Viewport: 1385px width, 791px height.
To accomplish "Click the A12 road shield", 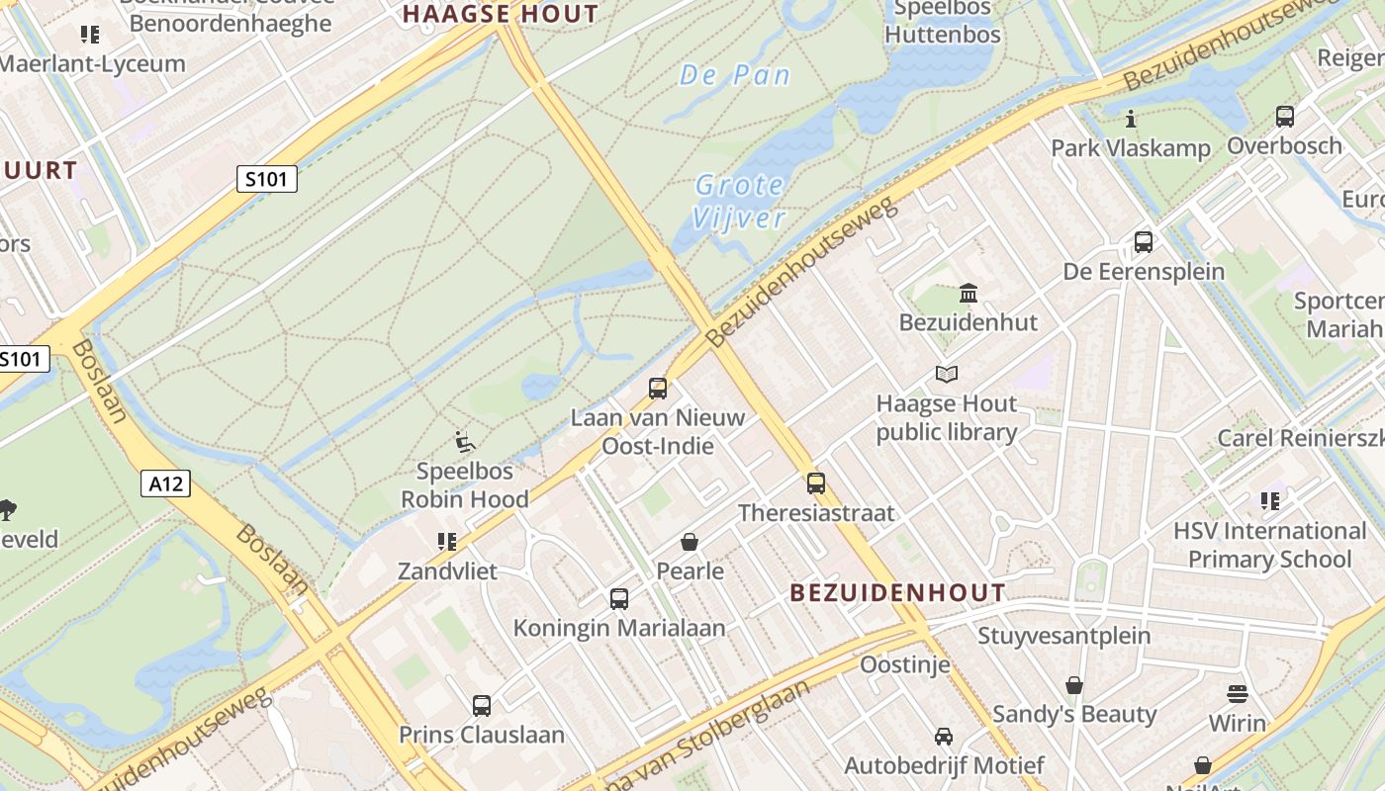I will (x=165, y=483).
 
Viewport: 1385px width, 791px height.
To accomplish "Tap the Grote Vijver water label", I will (x=739, y=201).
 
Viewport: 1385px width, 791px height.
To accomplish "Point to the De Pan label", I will (x=735, y=75).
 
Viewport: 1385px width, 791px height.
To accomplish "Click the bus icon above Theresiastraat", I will (x=816, y=483).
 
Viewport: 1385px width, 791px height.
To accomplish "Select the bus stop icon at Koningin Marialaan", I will (x=619, y=598).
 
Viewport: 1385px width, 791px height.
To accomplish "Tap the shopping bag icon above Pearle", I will (x=690, y=542).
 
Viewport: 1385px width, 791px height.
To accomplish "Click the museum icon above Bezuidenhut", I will (x=969, y=294).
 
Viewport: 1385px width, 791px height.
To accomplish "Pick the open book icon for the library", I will (x=947, y=375).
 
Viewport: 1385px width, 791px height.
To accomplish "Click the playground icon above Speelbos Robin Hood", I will (x=465, y=441).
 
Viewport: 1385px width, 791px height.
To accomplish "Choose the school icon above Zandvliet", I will (x=447, y=542).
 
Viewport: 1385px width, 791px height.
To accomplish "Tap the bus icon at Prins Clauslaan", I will (x=482, y=706).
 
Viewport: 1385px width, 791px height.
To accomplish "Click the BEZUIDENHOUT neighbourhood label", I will (x=897, y=593).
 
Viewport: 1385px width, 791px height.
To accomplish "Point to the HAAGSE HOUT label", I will (x=501, y=14).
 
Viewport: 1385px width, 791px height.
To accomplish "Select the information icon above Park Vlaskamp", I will (x=1131, y=120).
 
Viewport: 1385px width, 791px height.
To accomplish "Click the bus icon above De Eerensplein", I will (x=1144, y=241).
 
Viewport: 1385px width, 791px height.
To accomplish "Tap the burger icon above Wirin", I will (x=1238, y=693).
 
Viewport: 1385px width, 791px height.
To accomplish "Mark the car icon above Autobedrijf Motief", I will (x=944, y=737).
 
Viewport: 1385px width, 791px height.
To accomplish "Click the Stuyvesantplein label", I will (x=1063, y=635).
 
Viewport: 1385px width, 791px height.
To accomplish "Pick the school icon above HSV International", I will (x=1270, y=501).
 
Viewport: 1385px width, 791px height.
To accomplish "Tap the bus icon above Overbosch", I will (x=1285, y=117).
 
